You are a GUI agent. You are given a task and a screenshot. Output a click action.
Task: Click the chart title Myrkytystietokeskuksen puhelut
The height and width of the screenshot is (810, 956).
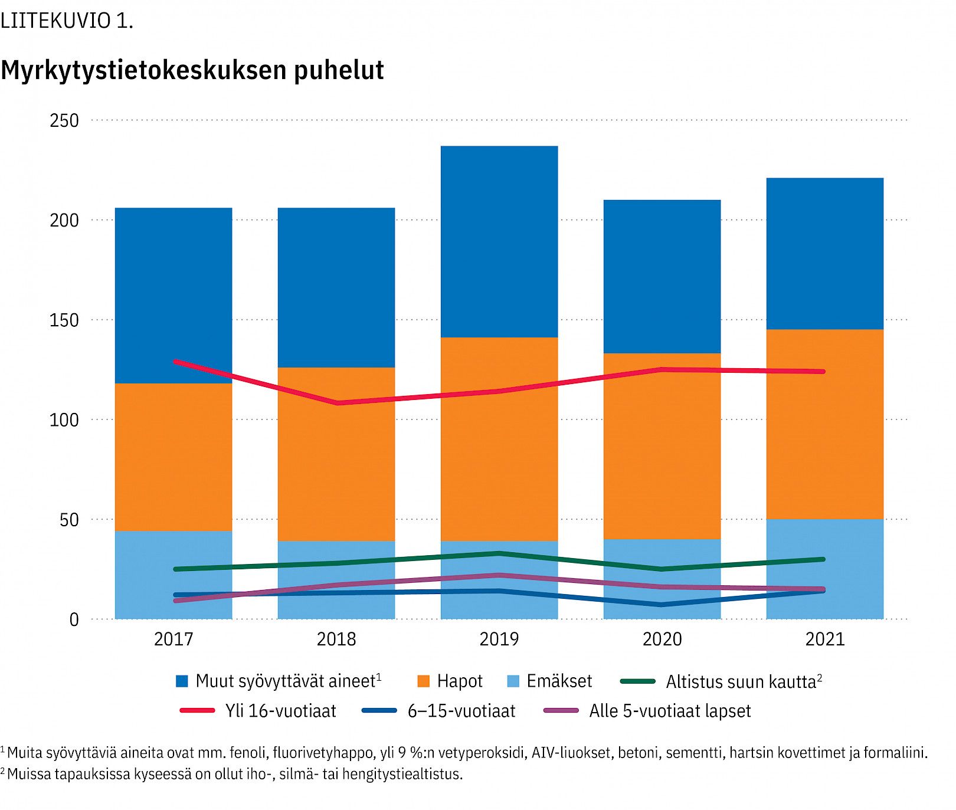point(192,70)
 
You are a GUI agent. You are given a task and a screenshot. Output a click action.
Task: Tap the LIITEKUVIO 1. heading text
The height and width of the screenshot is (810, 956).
point(66,21)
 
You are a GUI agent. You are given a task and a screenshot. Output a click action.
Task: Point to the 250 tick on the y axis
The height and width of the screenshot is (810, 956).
point(64,120)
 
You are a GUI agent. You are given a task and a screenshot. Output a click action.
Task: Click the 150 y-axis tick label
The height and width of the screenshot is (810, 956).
point(64,320)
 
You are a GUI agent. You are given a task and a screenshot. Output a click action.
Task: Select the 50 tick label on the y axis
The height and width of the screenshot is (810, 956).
point(69,520)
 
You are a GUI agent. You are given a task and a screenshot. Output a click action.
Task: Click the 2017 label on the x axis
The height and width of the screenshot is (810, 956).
point(173,639)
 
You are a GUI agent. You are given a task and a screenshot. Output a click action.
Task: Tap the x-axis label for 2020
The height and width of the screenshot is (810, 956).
point(662,639)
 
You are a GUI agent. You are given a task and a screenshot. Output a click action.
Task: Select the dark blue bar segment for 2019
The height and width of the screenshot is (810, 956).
point(499,242)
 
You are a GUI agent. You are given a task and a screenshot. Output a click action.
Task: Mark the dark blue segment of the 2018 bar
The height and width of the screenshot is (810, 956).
point(336,287)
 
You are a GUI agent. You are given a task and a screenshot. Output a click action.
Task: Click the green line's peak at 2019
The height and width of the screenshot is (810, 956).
point(499,553)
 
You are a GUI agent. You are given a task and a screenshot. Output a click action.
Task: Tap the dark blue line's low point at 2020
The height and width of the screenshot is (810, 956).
point(662,605)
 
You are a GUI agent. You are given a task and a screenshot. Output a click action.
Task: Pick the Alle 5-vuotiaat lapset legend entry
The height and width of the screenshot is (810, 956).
point(669,711)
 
